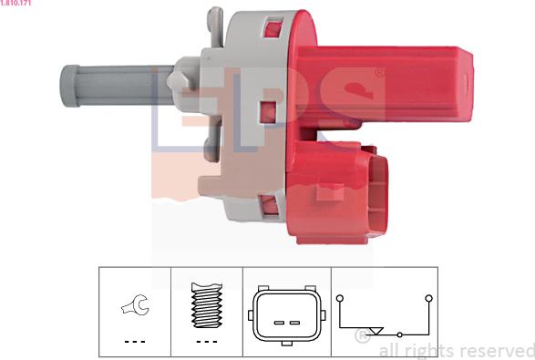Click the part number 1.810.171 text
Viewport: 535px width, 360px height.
[15, 3]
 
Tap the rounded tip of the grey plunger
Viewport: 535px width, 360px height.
[69, 86]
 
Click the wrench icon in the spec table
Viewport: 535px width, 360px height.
[135, 304]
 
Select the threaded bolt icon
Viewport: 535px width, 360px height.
[207, 305]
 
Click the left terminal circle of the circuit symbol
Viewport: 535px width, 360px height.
[339, 298]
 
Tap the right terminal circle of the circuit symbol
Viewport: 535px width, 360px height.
[429, 298]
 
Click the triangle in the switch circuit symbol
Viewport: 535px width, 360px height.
[377, 331]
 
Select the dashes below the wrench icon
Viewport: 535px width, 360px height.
[135, 341]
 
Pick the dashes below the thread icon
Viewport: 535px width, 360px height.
[207, 341]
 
